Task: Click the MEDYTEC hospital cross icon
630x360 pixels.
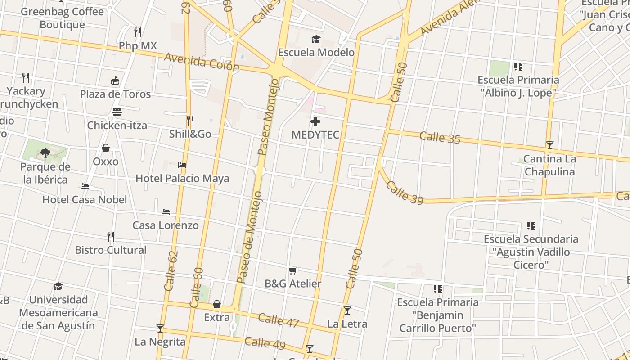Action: pyautogui.click(x=315, y=121)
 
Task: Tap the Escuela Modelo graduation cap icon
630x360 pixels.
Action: pyautogui.click(x=316, y=40)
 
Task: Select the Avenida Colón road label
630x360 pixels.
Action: pyautogui.click(x=201, y=62)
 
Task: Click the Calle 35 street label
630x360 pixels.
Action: pyautogui.click(x=440, y=137)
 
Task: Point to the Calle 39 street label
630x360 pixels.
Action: pyautogui.click(x=405, y=193)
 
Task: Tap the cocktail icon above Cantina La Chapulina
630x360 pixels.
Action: pyautogui.click(x=549, y=145)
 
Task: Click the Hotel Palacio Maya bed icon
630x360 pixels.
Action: pyautogui.click(x=182, y=165)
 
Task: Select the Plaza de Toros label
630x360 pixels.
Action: pyautogui.click(x=115, y=94)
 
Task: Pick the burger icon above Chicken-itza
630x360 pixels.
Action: pyautogui.click(x=117, y=112)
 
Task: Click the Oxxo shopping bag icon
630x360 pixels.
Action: pyautogui.click(x=106, y=148)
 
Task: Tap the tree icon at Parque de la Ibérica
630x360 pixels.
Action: pyautogui.click(x=45, y=153)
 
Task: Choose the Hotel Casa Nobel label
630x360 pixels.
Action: pyautogui.click(x=85, y=199)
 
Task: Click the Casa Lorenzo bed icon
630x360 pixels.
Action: pyautogui.click(x=166, y=211)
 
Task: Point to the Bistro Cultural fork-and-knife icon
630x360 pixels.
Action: pyautogui.click(x=111, y=236)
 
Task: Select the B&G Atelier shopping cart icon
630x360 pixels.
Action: pyautogui.click(x=293, y=270)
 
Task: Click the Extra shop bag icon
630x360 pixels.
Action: pyautogui.click(x=217, y=304)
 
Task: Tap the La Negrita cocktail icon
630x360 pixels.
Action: pyautogui.click(x=160, y=328)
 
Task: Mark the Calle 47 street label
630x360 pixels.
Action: pyautogui.click(x=279, y=320)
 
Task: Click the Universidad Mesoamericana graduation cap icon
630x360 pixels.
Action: pyautogui.click(x=58, y=286)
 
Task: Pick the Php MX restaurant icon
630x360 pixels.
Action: pyautogui.click(x=138, y=32)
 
